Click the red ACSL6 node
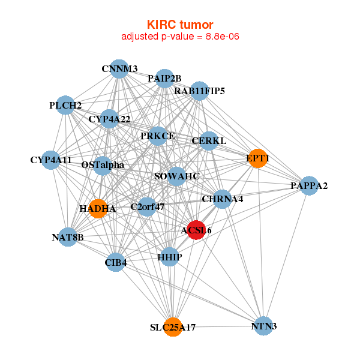(196, 229)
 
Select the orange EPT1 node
(257, 158)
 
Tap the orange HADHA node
(97, 209)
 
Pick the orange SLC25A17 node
(173, 327)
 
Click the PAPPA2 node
(308, 185)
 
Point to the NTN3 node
(263, 326)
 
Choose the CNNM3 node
(119, 69)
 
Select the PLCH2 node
(65, 106)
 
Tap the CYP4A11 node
(51, 160)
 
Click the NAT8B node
(68, 237)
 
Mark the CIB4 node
(115, 262)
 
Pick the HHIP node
(170, 257)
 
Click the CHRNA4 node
(222, 199)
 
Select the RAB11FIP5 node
(199, 91)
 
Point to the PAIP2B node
(164, 78)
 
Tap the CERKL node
(208, 141)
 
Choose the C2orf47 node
(147, 207)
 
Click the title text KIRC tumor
(180, 25)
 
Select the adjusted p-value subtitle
(180, 37)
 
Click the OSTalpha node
(103, 164)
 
